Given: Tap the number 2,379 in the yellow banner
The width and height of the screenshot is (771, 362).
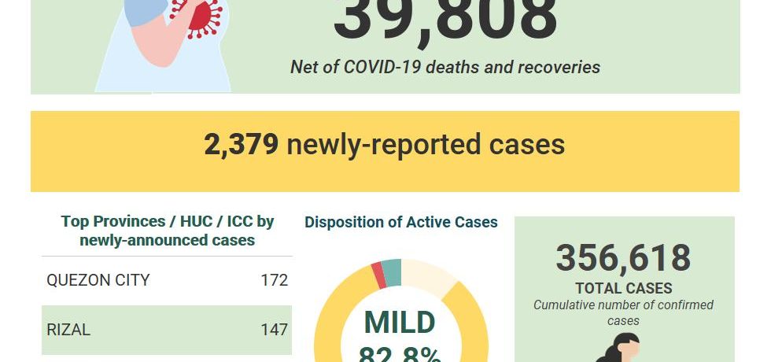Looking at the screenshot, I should [241, 145].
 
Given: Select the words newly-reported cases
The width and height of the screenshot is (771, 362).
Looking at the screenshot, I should [426, 145].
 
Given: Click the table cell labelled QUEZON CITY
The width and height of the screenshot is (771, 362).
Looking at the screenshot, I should [98, 280].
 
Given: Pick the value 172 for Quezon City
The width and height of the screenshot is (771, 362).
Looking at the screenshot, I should [275, 280].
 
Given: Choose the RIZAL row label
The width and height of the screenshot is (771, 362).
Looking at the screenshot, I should [68, 330].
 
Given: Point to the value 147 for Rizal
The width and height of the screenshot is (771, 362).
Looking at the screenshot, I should [275, 330].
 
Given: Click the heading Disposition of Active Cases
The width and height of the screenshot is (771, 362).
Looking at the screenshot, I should [401, 223].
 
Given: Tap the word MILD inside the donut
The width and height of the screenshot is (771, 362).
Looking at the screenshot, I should [400, 323].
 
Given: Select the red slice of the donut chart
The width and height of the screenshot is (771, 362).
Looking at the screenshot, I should [378, 275].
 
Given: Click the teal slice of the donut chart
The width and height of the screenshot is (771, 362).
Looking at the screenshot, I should [391, 271].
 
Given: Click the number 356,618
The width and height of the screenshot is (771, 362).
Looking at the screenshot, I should [623, 258].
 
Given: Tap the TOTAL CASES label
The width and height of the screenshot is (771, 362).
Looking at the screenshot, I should [624, 288].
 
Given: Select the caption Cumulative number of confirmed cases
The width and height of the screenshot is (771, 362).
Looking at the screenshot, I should [624, 312].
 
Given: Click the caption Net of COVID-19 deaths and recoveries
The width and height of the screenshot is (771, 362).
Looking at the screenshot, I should [445, 67].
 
